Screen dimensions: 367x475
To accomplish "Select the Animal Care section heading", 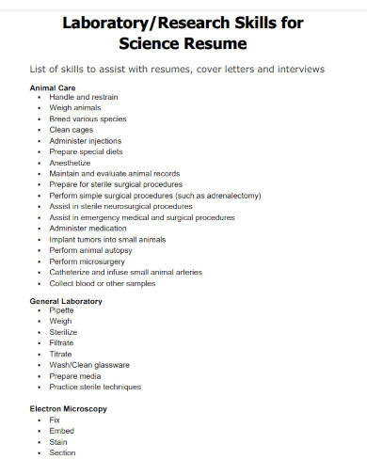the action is coord(52,87).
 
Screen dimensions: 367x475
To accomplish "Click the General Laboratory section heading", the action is coord(66,301).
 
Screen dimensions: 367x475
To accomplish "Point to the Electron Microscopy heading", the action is coord(69,409).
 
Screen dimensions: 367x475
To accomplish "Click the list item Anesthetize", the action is coord(72,162).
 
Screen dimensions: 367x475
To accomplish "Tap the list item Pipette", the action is coord(62,310).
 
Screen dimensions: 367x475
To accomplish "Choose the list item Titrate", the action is coord(62,354).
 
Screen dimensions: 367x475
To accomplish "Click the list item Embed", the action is coord(61,431).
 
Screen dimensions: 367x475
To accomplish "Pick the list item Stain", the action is coord(58,441).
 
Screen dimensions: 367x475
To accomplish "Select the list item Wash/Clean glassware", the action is coord(89,365).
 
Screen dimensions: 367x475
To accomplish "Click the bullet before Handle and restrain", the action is coord(39,98).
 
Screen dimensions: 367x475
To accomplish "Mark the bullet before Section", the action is coord(39,452).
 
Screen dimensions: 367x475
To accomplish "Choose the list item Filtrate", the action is coord(63,343).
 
